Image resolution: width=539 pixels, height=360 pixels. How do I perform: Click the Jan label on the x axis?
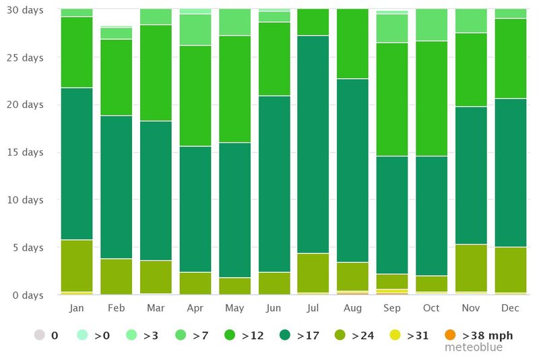(x=76, y=308)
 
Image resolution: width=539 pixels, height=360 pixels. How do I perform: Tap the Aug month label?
(x=353, y=308)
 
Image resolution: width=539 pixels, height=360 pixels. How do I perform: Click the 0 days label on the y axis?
(x=29, y=295)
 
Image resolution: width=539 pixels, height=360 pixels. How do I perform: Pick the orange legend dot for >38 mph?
(x=450, y=335)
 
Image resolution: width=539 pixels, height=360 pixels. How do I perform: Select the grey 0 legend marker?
(x=40, y=335)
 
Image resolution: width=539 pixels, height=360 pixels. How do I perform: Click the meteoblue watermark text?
(x=473, y=348)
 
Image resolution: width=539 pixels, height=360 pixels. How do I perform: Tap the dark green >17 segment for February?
(x=116, y=187)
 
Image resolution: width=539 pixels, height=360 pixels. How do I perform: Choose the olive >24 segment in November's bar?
(x=472, y=268)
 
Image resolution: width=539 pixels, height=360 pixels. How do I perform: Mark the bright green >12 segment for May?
(x=234, y=89)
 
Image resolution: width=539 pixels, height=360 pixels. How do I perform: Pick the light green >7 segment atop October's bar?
(x=432, y=25)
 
